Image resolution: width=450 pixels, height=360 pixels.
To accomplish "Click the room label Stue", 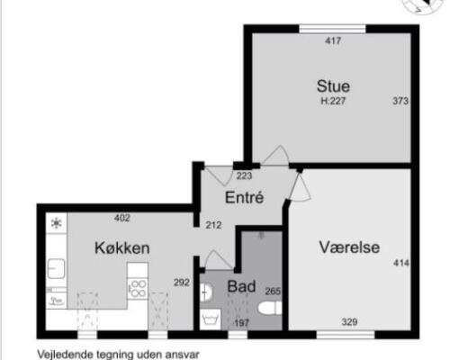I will pos(333,86).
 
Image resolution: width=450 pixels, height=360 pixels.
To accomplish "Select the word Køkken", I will pos(121,247).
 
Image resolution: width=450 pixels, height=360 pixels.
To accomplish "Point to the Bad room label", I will pos(240,286).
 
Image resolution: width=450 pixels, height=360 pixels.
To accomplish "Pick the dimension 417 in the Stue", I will pos(333,40).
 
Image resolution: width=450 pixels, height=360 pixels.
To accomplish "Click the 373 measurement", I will pos(400,101).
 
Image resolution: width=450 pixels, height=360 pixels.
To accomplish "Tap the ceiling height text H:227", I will pos(334,102).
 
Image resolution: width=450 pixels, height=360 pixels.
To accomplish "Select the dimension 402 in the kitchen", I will pos(121,217).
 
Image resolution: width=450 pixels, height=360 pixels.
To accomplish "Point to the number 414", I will pos(400,263).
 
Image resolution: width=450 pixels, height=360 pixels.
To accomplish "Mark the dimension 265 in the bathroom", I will pos(274,292).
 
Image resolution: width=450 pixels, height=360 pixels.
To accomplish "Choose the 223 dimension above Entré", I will pos(243,175).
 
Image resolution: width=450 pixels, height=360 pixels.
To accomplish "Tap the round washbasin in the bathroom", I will pos(206,291).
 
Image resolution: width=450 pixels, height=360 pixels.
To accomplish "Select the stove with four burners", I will pos(139,288).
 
